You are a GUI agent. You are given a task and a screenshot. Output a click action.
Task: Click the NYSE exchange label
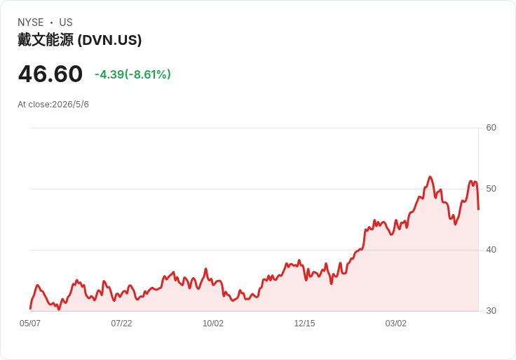pyautogui.click(x=31, y=22)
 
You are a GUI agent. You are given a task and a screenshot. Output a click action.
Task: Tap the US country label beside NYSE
pyautogui.click(x=66, y=22)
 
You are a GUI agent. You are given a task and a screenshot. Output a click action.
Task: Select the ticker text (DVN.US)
pyautogui.click(x=109, y=40)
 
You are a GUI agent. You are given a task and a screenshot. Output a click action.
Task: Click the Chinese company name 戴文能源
pyautogui.click(x=46, y=40)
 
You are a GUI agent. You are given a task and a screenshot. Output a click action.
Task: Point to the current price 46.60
pyautogui.click(x=50, y=74)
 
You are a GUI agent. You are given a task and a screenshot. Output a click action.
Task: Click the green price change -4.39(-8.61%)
pyautogui.click(x=133, y=74)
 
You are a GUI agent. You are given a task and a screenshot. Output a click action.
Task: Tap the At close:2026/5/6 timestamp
pyautogui.click(x=53, y=105)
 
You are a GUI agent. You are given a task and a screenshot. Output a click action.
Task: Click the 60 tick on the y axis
pyautogui.click(x=491, y=128)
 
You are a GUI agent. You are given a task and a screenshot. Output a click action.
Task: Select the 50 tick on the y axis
pyautogui.click(x=491, y=189)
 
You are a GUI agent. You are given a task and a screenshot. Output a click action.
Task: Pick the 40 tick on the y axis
pyautogui.click(x=491, y=250)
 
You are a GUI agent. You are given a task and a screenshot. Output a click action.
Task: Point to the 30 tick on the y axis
pyautogui.click(x=491, y=311)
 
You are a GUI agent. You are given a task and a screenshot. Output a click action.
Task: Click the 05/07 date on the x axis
pyautogui.click(x=30, y=323)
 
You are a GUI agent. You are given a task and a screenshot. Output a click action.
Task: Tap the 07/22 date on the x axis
pyautogui.click(x=121, y=323)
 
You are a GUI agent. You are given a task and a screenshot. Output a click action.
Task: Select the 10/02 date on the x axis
pyautogui.click(x=213, y=323)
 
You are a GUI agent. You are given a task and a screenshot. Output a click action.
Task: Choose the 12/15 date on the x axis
pyautogui.click(x=304, y=323)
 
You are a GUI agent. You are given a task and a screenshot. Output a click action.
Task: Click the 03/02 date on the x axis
pyautogui.click(x=396, y=323)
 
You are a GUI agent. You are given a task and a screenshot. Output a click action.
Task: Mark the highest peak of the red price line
pyautogui.click(x=430, y=177)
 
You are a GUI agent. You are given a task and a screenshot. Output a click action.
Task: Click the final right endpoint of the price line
pyautogui.click(x=478, y=210)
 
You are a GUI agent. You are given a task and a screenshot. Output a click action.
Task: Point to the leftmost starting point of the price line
pyautogui.click(x=30, y=309)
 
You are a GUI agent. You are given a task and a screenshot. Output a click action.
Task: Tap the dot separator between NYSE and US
pyautogui.click(x=51, y=22)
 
